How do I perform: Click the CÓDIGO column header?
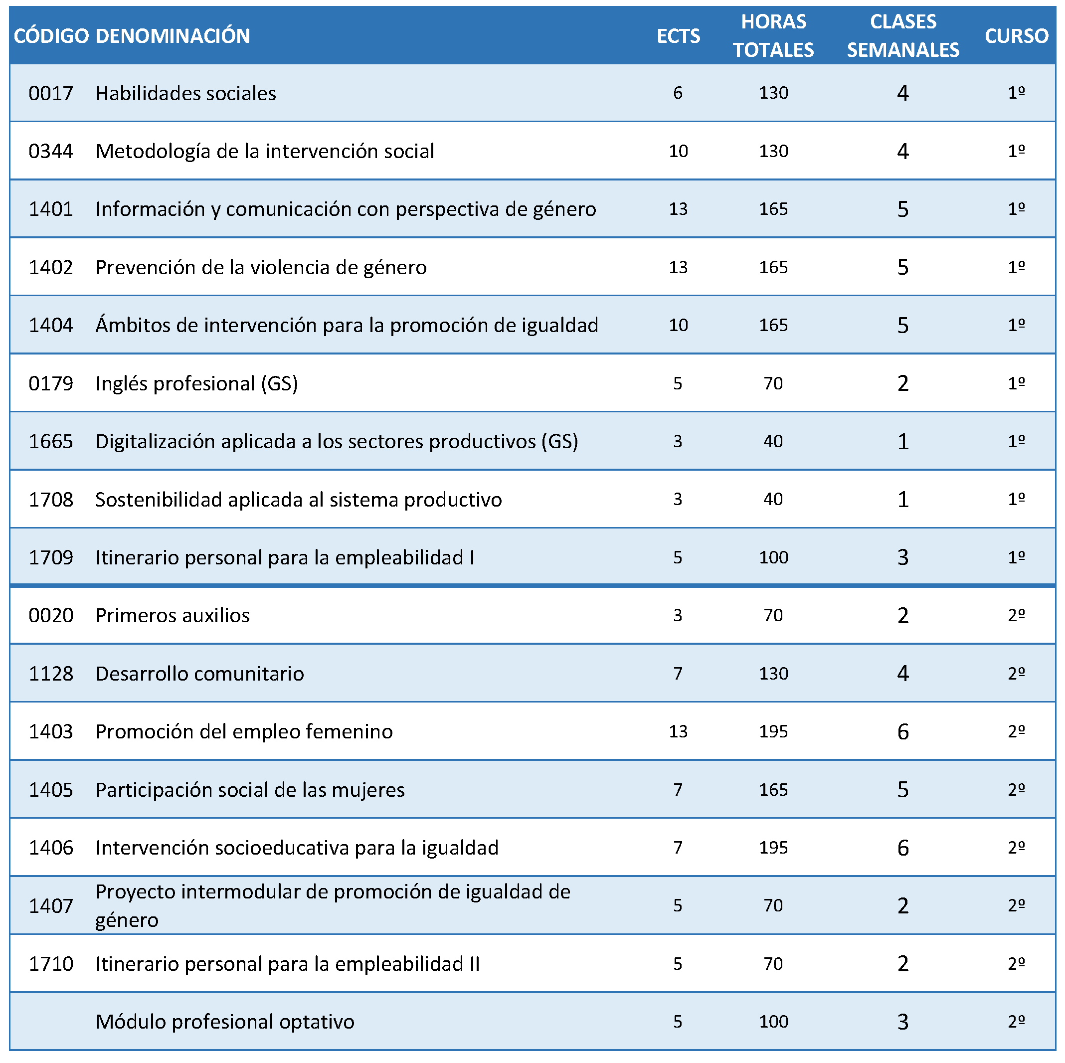51,36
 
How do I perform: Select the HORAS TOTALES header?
773,36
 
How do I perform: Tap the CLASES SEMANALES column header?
903,36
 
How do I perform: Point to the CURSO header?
1017,36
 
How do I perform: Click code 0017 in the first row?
51,93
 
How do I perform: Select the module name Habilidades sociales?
186,93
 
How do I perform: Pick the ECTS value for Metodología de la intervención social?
678,151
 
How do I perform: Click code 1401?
51,209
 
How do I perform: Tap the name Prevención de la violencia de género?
261,267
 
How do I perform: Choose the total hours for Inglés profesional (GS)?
773,383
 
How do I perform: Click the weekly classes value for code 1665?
903,442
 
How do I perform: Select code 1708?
51,500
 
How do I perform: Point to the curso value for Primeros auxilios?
1017,615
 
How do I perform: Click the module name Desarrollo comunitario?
199,674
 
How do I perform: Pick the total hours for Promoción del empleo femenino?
773,731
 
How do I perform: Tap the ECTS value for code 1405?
678,790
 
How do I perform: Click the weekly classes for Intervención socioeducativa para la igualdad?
903,848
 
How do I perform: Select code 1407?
51,906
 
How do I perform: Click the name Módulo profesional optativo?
225,1022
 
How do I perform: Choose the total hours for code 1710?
773,964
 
